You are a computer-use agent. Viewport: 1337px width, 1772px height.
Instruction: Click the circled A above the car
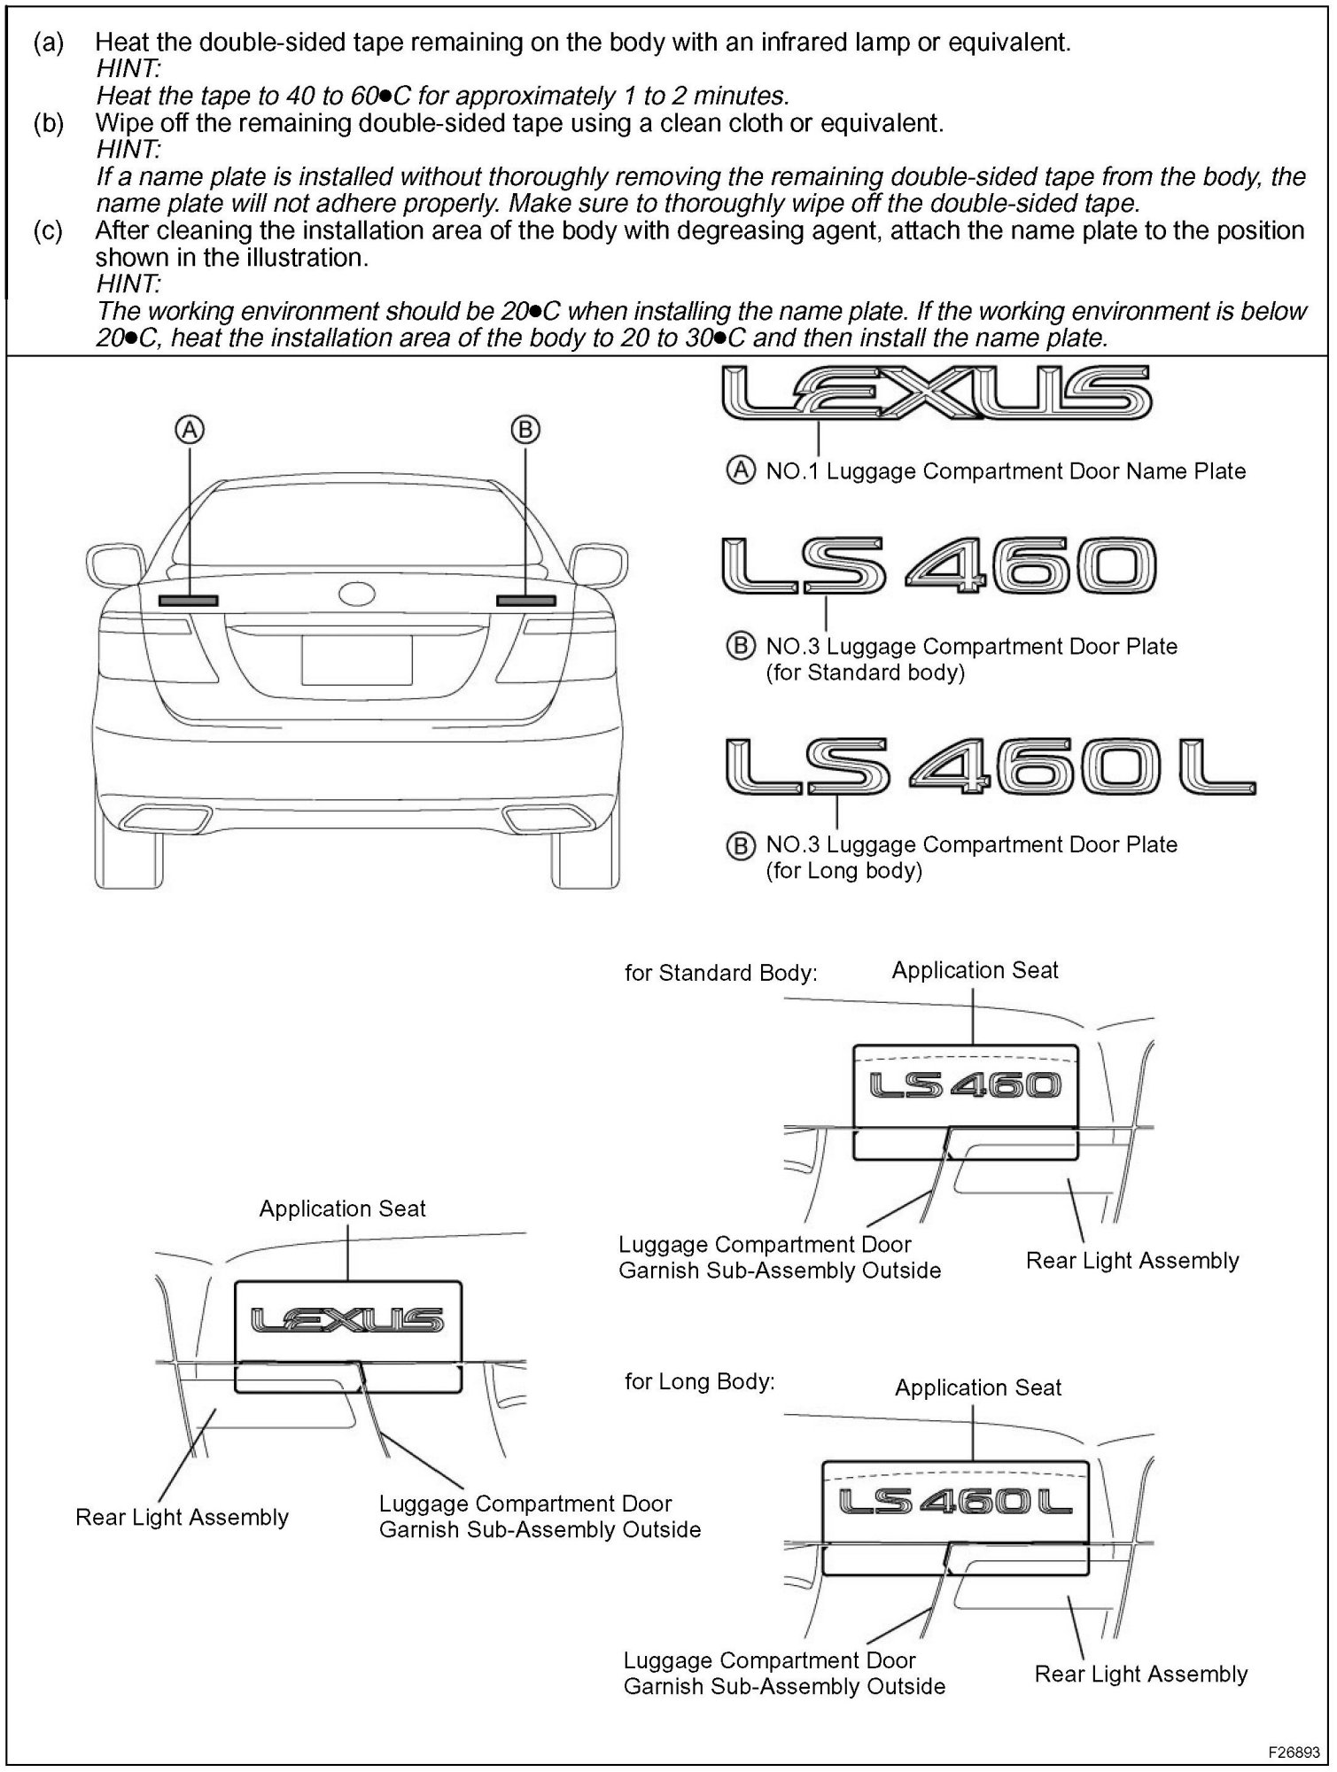[190, 430]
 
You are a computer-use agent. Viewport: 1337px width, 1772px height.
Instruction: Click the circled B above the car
[525, 430]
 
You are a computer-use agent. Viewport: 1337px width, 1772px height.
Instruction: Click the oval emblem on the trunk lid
[357, 594]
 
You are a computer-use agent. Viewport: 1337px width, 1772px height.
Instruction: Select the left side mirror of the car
[114, 564]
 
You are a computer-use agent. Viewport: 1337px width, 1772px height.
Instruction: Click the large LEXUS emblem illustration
[937, 393]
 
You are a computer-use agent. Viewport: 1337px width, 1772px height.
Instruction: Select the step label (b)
[49, 123]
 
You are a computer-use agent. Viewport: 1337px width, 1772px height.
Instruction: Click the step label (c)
[49, 231]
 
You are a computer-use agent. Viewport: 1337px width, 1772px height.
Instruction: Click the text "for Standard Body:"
[720, 973]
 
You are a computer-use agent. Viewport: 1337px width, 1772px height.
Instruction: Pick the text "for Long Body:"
[699, 1381]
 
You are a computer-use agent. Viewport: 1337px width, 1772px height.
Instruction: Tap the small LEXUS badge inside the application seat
[347, 1321]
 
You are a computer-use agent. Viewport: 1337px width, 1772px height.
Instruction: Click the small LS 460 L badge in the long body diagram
[955, 1501]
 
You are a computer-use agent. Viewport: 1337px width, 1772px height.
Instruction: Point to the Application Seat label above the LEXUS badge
[342, 1209]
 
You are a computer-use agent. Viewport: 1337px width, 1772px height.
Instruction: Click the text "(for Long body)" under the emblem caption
[843, 870]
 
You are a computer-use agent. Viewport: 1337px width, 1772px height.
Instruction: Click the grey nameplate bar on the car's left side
[188, 601]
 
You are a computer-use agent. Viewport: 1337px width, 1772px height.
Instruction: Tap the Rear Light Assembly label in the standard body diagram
[1131, 1260]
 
